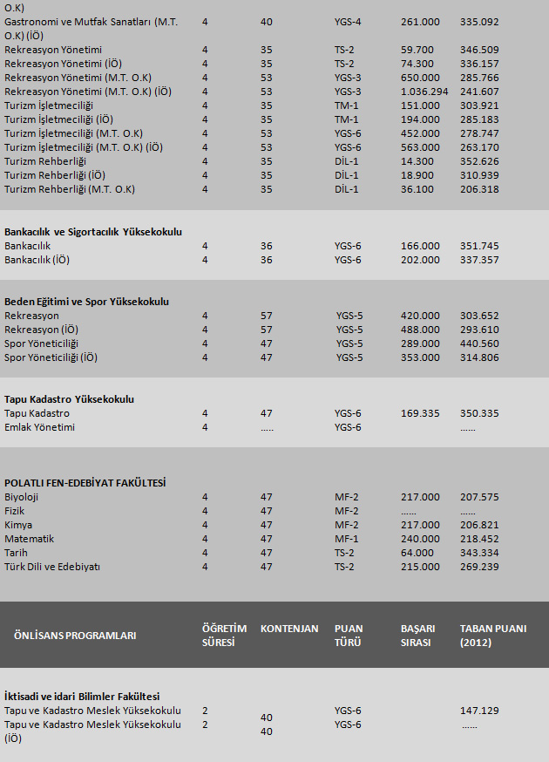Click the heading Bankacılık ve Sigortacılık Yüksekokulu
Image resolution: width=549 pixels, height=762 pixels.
coord(93,232)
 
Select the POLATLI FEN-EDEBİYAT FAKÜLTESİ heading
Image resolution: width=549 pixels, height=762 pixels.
coord(85,483)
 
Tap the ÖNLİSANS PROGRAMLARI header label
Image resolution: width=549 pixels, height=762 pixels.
coord(75,636)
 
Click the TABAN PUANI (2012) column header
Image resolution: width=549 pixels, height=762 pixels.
coord(492,636)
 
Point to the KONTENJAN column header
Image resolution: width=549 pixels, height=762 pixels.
coord(289,629)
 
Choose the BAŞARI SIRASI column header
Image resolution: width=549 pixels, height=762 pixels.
coord(417,636)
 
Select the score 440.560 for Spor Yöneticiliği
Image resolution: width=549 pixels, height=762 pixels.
coord(479,344)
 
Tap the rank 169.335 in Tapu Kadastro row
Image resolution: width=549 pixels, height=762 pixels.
coord(420,413)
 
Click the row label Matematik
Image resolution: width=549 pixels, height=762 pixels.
coord(29,539)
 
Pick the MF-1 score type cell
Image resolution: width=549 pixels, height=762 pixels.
coord(346,539)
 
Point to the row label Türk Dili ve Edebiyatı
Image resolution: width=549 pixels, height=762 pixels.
coord(52,567)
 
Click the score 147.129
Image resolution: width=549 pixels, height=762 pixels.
coord(479,711)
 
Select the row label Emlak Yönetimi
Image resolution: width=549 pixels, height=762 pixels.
coord(39,427)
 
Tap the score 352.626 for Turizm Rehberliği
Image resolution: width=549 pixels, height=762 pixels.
coord(479,161)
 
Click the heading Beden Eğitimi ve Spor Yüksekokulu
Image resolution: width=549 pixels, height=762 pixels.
coord(86,302)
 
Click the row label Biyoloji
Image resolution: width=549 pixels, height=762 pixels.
coord(22,497)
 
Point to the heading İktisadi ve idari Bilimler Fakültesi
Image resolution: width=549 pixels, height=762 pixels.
coord(82,697)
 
